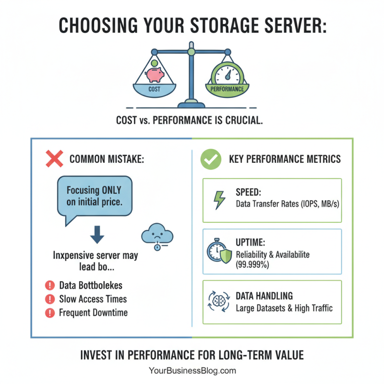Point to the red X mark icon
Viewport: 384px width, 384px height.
[54, 158]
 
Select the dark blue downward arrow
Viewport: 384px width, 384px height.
[97, 234]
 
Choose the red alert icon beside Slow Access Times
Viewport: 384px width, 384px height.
[49, 299]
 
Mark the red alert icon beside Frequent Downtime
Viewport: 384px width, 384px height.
[49, 313]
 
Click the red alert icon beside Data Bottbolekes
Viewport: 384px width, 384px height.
[49, 286]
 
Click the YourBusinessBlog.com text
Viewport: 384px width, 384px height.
[192, 371]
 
